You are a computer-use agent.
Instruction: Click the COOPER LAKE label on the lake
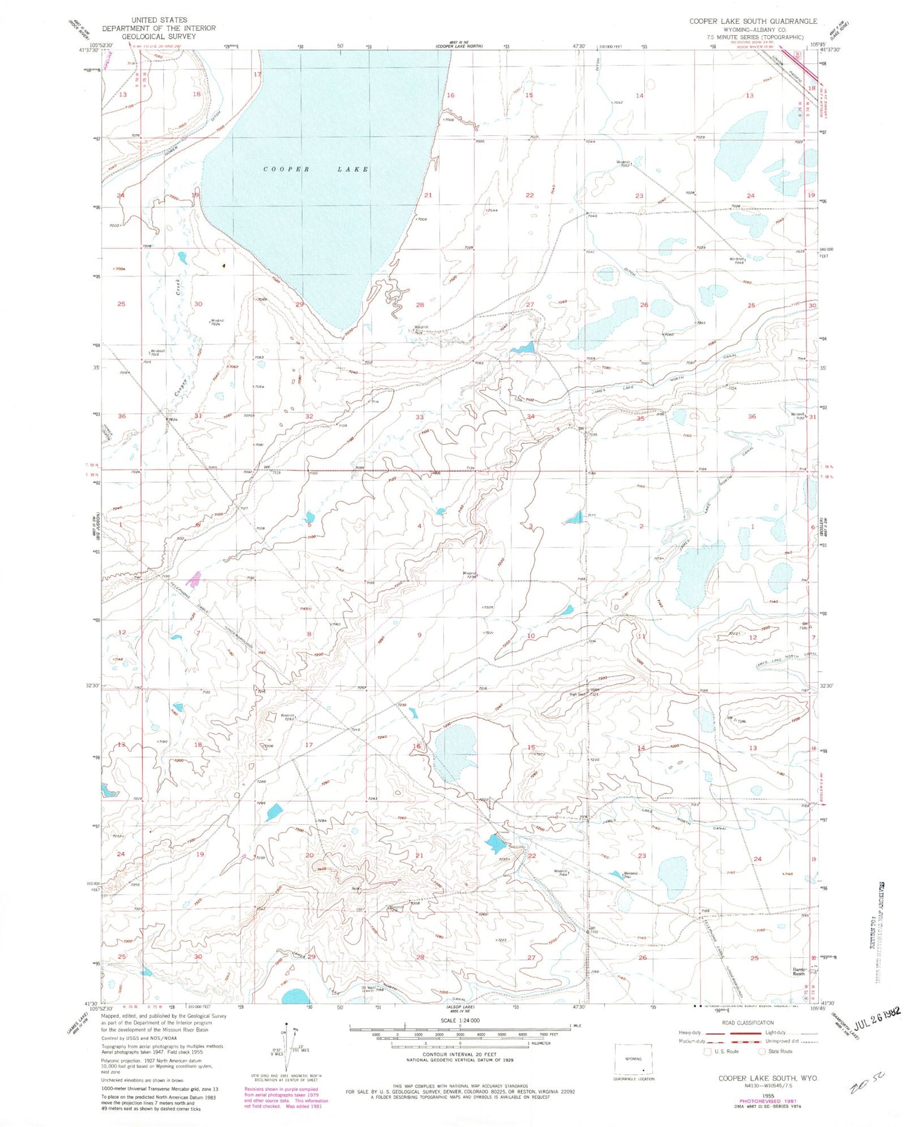[315, 169]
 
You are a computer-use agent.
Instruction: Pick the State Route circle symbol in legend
[762, 1051]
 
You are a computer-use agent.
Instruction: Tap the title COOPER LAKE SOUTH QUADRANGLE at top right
[753, 21]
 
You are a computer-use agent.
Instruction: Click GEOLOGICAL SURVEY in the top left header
[159, 36]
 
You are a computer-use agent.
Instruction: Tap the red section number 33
[419, 417]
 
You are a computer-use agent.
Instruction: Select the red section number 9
[419, 635]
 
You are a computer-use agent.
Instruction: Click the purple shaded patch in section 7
[195, 579]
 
